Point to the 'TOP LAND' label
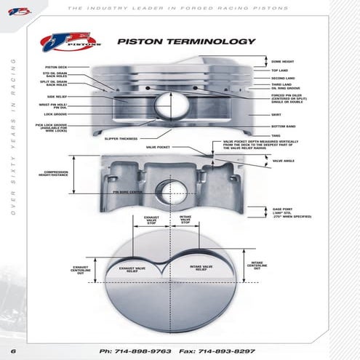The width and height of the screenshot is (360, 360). (x=281, y=71)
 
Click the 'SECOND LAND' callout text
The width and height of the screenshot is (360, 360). (x=284, y=78)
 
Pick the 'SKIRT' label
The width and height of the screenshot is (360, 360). (x=276, y=115)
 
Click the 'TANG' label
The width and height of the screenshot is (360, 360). (x=276, y=135)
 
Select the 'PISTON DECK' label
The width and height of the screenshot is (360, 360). (x=56, y=67)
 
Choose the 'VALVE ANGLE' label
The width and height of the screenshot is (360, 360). (x=284, y=161)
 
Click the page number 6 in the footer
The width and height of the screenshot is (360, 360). (x=12, y=351)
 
